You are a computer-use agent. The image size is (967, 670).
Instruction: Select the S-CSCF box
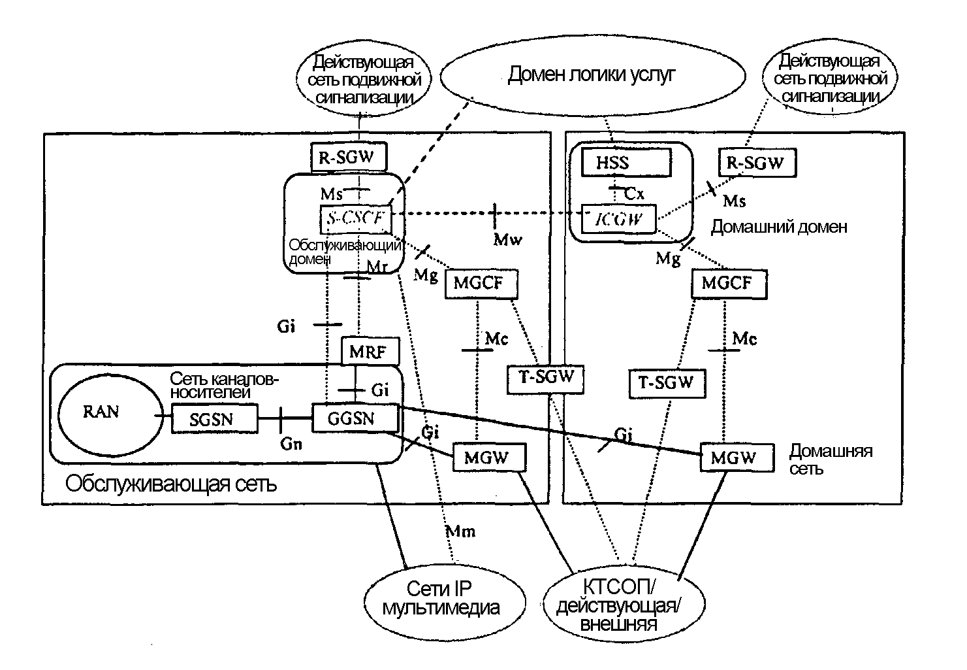coord(355,219)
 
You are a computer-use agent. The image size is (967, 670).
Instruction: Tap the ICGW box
coord(618,218)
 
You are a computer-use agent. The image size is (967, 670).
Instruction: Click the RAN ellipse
coord(101,412)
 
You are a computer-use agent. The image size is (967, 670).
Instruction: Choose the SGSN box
coord(214,419)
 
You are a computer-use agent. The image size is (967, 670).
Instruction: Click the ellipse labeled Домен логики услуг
coord(592,75)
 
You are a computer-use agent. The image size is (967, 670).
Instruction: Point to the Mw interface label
coord(507,239)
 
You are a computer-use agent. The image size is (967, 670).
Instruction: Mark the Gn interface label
coord(291,444)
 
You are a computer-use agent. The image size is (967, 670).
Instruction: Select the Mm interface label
coord(461,531)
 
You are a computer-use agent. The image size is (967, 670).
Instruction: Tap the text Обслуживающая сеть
coord(170,484)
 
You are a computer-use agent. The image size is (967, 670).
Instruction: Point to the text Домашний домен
coord(778,227)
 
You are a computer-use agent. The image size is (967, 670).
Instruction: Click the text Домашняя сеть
coord(830,459)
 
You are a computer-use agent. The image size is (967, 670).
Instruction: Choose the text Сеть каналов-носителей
coord(224,386)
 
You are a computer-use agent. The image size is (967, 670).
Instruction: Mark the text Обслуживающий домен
coord(343,252)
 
